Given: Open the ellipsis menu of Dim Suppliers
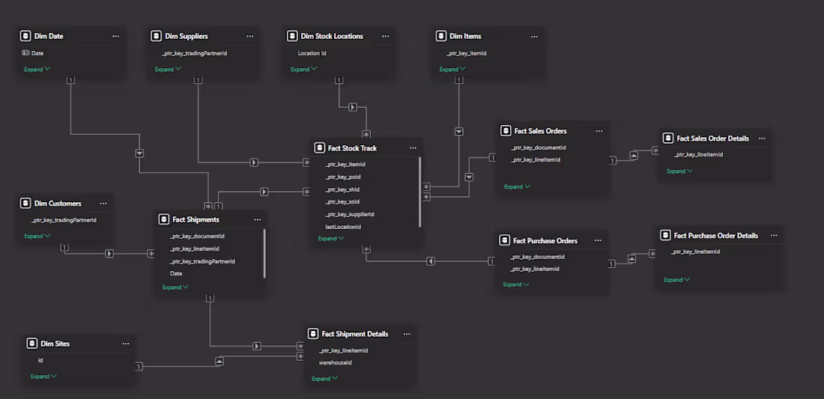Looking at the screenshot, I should pos(249,36).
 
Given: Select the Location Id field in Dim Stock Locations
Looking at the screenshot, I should pos(312,53).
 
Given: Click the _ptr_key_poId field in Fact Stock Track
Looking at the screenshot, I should pos(344,177).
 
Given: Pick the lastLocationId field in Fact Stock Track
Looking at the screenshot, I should pos(343,227).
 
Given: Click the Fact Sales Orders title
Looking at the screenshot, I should pos(540,131).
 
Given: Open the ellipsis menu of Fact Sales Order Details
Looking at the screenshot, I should pos(763,138).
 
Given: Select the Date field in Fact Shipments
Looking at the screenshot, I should pos(176,273).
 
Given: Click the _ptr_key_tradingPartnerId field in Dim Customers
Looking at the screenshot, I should pos(64,220).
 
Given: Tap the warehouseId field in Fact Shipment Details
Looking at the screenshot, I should pos(336,362).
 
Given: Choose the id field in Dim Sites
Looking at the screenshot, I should pos(40,360).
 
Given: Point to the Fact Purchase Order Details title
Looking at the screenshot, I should pos(715,235).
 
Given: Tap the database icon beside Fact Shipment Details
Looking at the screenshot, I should pos(314,334).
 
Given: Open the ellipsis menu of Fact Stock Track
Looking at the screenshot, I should pos(413,148).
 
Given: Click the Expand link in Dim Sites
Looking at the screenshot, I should pos(40,377).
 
